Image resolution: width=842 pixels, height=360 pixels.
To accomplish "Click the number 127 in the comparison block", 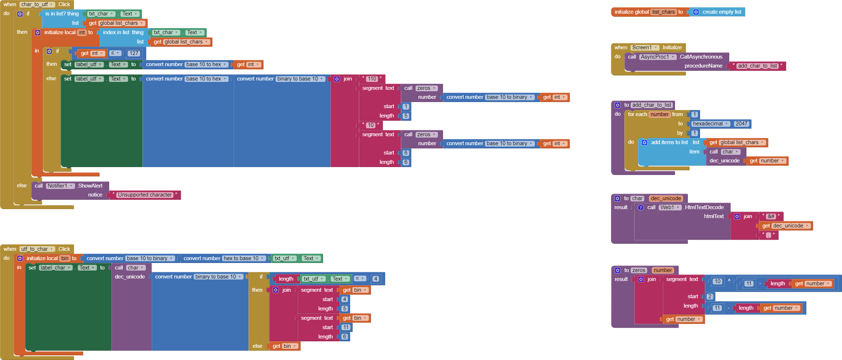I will tap(134, 53).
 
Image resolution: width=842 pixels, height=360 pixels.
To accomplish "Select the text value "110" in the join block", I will tap(372, 79).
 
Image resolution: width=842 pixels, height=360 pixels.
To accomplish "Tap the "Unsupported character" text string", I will tap(145, 195).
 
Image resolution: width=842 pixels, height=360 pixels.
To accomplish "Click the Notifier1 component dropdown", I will tap(60, 186).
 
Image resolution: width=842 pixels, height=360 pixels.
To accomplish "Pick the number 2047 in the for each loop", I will tap(741, 124).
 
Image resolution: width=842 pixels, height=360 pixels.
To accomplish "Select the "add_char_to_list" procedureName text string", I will tap(758, 66).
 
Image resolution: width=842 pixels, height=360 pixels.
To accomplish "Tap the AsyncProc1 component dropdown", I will tap(657, 57).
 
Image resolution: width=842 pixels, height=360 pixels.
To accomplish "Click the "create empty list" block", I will tap(721, 12).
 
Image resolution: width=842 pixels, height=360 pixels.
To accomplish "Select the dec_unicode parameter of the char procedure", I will tap(666, 198).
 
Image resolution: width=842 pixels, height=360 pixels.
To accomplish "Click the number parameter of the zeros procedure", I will tap(663, 270).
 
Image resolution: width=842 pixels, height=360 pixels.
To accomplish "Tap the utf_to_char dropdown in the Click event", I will tap(37, 249).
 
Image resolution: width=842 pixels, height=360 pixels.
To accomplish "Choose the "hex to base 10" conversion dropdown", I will tap(243, 258).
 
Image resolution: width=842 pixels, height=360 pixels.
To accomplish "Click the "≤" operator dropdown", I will tap(115, 53).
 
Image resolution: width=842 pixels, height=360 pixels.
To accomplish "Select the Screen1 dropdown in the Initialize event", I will tap(645, 47).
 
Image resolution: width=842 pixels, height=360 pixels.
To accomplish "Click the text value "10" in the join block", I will tap(371, 125).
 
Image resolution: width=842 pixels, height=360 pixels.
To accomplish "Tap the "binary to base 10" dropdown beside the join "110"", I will tap(300, 79).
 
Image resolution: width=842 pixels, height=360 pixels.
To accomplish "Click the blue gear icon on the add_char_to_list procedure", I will tap(617, 105).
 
